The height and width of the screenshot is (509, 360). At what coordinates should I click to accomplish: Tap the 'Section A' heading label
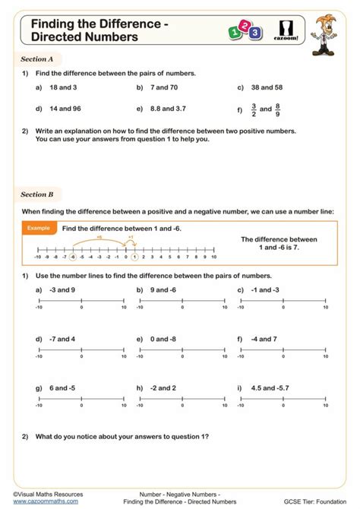pos(37,58)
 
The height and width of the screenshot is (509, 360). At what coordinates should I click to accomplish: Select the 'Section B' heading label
pos(37,194)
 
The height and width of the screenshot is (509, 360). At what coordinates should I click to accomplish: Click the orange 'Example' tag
pos(38,228)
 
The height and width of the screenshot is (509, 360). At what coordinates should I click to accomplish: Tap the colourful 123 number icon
pos(245,31)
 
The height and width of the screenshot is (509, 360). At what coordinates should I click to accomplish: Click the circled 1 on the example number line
pos(134,257)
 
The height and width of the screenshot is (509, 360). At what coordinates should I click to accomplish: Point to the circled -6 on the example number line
pos(72,257)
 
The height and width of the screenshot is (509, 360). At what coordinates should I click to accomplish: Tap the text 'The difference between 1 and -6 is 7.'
pos(279,243)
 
